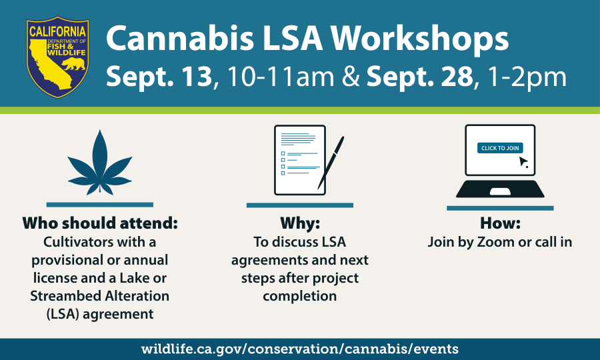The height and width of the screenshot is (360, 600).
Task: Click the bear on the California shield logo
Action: coord(74,64)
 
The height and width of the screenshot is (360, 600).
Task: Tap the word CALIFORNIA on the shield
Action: coord(57,31)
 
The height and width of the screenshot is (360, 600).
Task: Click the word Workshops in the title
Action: coord(419,39)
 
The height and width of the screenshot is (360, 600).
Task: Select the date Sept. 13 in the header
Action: coord(159,77)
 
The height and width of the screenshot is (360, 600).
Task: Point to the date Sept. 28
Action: coord(420,77)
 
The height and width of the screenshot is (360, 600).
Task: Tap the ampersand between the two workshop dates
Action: coord(351,77)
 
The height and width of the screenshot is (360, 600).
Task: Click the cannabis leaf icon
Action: coord(100,163)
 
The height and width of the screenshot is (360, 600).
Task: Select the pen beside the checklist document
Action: coord(331,163)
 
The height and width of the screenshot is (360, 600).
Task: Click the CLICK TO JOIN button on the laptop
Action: coord(500,148)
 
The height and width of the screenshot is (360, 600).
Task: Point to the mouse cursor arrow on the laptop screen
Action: coord(523,162)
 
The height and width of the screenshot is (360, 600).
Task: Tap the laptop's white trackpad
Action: coord(500,191)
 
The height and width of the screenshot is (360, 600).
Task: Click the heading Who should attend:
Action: coord(100,223)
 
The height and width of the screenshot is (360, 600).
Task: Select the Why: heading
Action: coord(300,223)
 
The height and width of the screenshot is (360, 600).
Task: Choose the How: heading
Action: coord(500,223)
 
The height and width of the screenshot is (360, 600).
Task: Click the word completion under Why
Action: coord(299,297)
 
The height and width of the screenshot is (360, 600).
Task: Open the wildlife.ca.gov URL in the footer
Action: coord(299,349)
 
